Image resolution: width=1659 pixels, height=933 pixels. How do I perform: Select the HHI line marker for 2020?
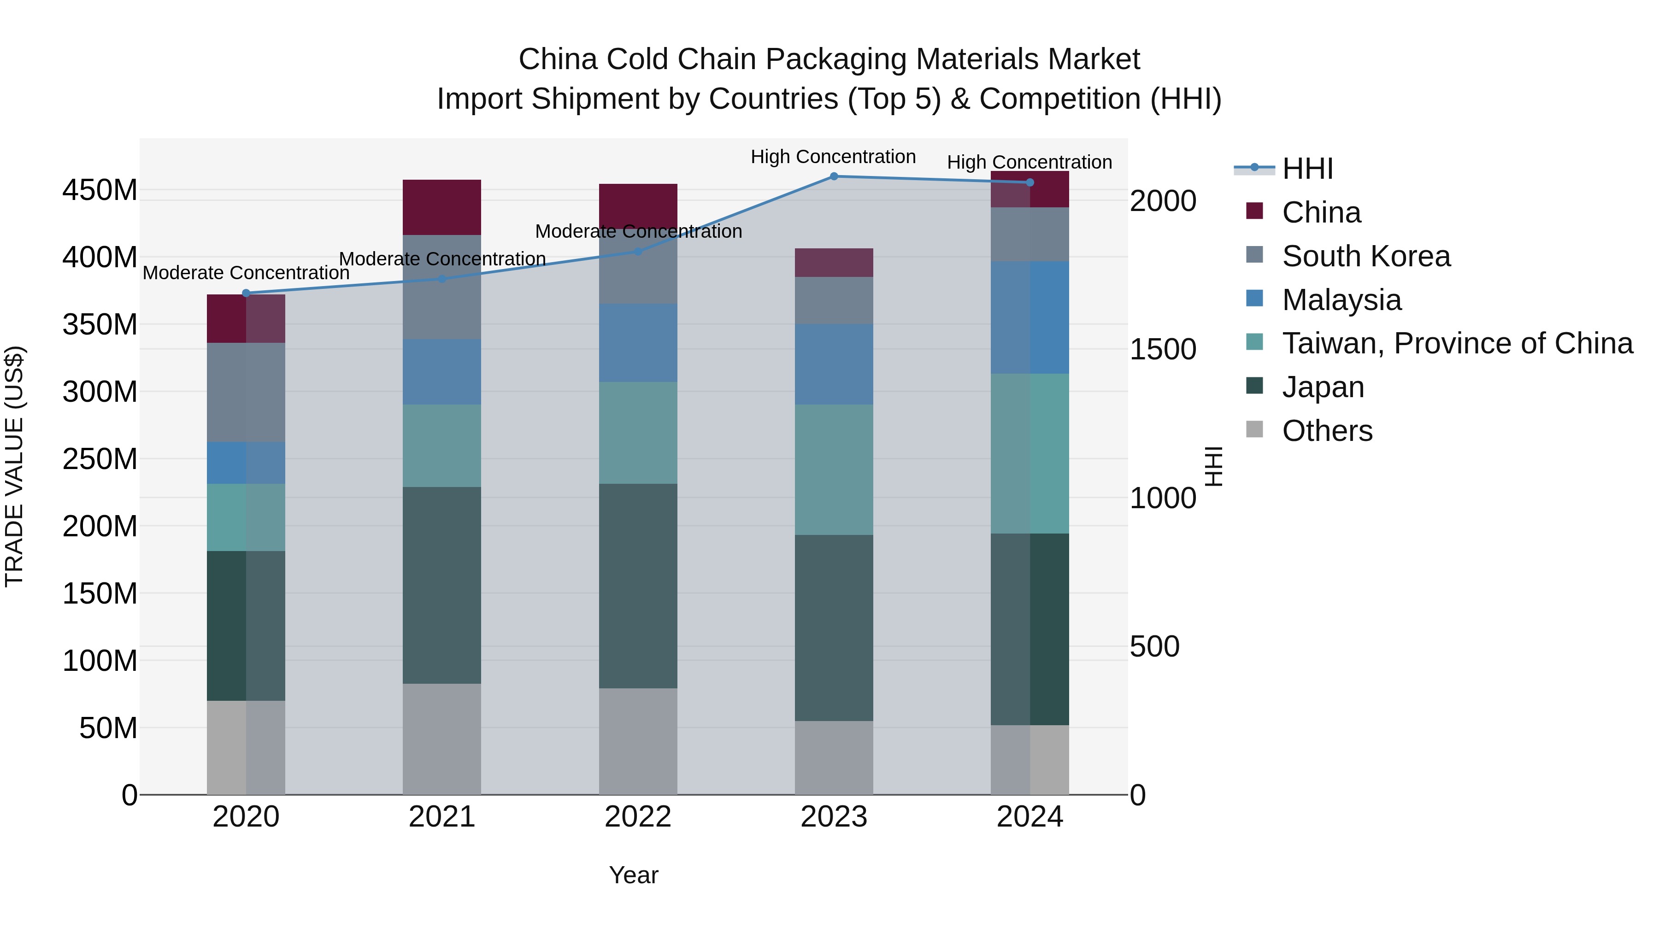click(x=246, y=293)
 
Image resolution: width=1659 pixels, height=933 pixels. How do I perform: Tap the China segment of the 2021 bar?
click(x=442, y=207)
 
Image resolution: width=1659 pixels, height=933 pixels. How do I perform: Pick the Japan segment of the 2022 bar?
click(x=638, y=586)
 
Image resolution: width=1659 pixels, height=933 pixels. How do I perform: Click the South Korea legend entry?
click(x=1365, y=256)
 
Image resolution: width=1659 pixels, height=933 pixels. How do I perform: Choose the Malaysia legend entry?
click(x=1341, y=300)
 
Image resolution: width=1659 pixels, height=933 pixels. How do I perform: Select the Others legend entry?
click(x=1327, y=431)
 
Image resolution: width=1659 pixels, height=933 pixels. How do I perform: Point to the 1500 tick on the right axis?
click(x=1163, y=350)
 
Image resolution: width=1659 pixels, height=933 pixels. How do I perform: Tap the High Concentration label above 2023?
click(x=833, y=157)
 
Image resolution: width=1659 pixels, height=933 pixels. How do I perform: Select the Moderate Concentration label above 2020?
click(x=246, y=273)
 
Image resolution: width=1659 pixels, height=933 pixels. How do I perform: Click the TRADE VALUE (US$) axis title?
click(x=14, y=466)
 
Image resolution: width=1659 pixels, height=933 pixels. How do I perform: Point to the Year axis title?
click(x=634, y=875)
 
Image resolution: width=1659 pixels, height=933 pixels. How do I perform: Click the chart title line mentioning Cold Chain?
click(x=829, y=59)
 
